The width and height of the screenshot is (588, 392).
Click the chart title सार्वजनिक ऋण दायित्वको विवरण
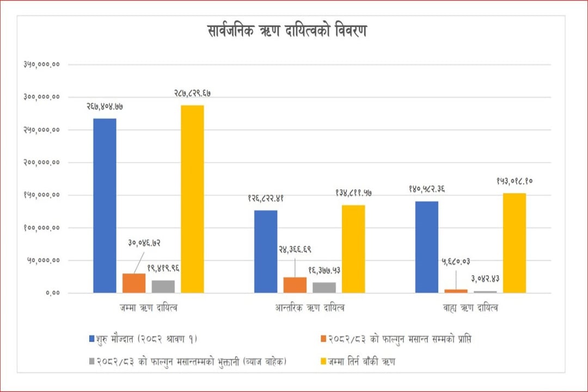(x=287, y=30)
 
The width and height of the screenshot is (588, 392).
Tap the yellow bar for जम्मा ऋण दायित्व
(x=192, y=199)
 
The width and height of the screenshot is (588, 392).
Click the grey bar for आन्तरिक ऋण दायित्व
(x=324, y=287)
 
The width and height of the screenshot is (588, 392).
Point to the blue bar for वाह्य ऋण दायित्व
(x=426, y=247)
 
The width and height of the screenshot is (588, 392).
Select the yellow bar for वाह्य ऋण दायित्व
(x=514, y=243)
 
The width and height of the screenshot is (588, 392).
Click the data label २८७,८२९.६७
(x=192, y=94)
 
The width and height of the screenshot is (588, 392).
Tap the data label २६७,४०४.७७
(x=105, y=107)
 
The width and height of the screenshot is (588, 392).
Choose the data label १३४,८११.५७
(x=353, y=193)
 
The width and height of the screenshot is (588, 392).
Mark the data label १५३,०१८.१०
(x=514, y=181)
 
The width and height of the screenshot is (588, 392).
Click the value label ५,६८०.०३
(x=456, y=262)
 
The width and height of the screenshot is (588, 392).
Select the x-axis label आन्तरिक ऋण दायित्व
(x=310, y=308)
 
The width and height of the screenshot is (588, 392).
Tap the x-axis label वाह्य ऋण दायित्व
(x=470, y=308)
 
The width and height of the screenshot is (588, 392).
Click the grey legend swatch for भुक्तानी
(x=91, y=362)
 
